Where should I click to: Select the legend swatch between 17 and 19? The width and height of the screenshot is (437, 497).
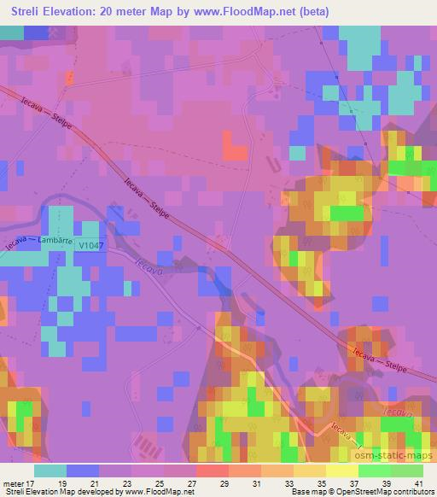(50, 471)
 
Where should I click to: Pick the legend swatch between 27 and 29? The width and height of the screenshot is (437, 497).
(212, 471)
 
